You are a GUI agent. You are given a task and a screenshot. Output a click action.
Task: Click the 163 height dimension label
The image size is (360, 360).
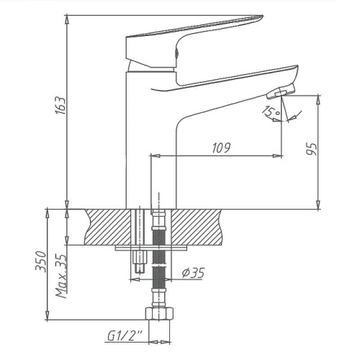(60, 105)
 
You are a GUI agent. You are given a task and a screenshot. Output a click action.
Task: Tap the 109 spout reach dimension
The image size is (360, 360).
(221, 148)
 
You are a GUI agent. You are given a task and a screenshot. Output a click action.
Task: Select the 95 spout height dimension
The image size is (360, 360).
(312, 149)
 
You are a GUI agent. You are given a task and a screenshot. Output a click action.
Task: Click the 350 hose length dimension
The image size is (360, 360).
(40, 261)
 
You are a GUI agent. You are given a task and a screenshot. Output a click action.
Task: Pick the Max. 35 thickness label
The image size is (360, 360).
(61, 276)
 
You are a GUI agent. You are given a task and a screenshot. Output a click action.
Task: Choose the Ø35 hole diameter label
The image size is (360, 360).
(193, 273)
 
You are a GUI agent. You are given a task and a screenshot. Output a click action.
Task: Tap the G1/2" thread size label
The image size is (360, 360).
(125, 336)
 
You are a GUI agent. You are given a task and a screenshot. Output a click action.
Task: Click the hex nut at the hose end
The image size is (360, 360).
(159, 313)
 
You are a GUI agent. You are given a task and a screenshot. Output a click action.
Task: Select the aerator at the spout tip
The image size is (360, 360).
(281, 91)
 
